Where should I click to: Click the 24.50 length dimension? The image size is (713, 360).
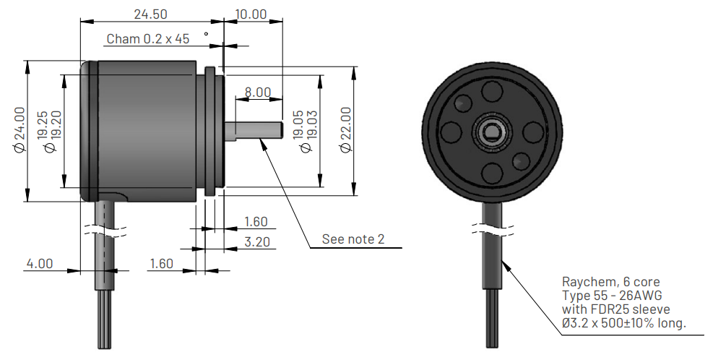click(150, 14)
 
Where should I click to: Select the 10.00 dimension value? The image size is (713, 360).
click(251, 14)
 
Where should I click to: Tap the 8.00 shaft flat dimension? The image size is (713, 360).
click(258, 93)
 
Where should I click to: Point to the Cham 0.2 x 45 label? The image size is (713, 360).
click(148, 39)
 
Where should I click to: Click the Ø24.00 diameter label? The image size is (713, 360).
click(19, 130)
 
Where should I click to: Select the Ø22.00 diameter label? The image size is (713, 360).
click(345, 130)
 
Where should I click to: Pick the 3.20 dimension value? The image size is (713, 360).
click(257, 241)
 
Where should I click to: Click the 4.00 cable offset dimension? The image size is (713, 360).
click(40, 264)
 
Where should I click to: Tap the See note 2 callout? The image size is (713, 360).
click(353, 239)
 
